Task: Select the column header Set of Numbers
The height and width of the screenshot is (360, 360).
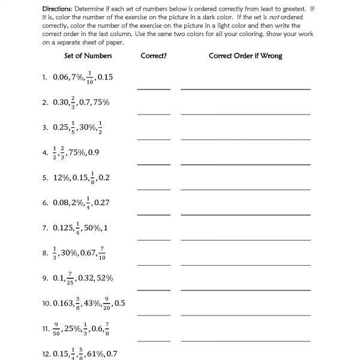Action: pos(88,56)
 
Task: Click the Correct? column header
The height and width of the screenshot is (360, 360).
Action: pos(153,56)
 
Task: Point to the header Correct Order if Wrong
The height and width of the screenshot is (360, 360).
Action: pos(245,56)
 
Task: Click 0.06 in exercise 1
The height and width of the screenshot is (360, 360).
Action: pos(61,77)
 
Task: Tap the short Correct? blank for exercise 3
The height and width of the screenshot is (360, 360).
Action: pos(154,139)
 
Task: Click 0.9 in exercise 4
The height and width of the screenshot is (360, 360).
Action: pos(94,153)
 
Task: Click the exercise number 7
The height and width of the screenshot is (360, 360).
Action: pos(44,228)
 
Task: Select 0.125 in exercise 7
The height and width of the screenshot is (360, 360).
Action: pos(63,228)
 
